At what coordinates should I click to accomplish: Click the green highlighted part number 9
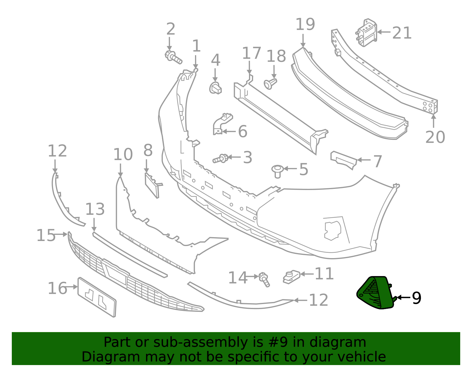click(375, 293)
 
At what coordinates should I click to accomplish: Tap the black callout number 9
click(417, 298)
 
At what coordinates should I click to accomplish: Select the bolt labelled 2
click(173, 57)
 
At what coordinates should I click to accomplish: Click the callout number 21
click(401, 33)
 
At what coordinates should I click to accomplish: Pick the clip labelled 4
click(216, 88)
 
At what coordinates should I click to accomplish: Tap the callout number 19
click(305, 24)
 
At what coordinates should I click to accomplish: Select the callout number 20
click(435, 137)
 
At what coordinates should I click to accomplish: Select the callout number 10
click(123, 155)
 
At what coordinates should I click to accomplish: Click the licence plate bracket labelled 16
click(97, 297)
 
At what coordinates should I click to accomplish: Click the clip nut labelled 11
click(291, 277)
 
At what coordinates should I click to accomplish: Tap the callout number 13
click(95, 209)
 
